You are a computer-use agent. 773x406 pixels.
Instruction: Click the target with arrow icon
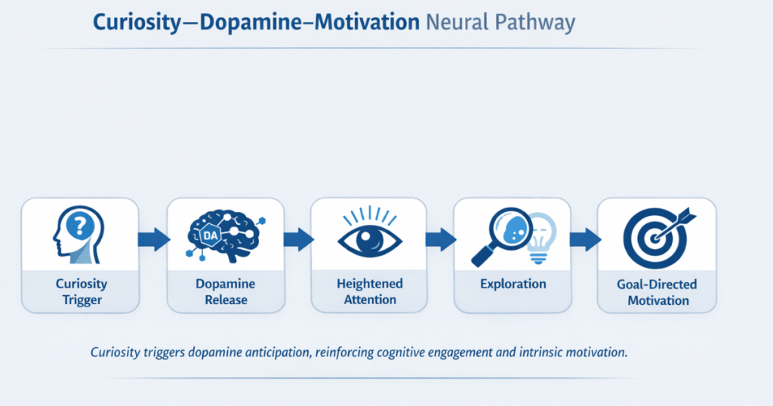click(x=657, y=234)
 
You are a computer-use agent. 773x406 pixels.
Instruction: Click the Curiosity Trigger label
click(x=80, y=292)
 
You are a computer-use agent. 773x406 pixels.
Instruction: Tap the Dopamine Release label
click(x=225, y=292)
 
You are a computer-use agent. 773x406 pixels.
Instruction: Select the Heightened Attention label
click(x=369, y=292)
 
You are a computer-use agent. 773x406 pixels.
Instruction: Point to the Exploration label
click(x=513, y=285)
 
